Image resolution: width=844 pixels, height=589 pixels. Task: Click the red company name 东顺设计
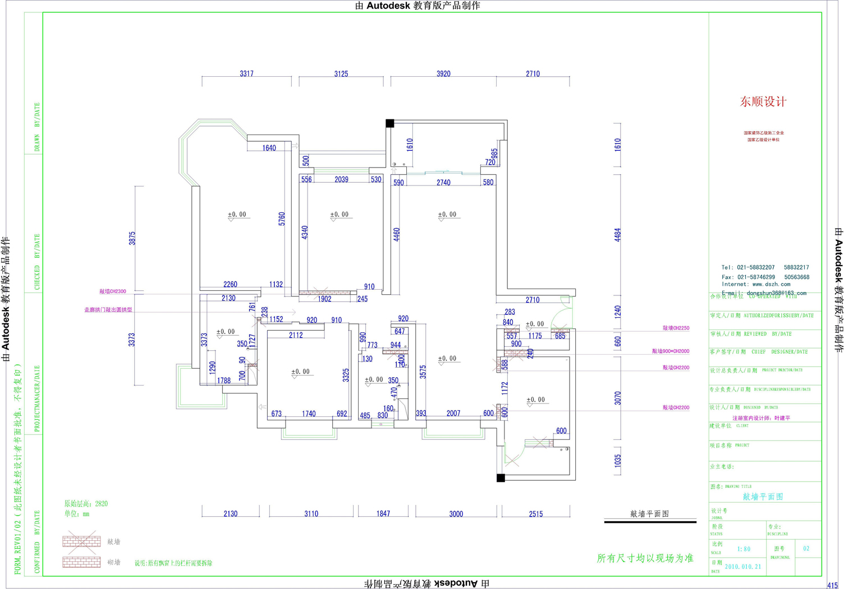[763, 102]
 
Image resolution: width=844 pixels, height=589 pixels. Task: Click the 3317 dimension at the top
[246, 74]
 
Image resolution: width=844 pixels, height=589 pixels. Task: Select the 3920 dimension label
[443, 74]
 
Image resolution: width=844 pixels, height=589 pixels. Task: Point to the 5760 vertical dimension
[282, 219]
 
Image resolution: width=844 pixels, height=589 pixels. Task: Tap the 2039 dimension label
[341, 180]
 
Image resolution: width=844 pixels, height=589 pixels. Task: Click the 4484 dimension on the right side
[617, 234]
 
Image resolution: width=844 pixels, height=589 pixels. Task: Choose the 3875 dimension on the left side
[132, 239]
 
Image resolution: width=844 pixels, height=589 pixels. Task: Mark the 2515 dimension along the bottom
[535, 514]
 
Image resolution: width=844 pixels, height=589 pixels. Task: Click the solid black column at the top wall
[389, 123]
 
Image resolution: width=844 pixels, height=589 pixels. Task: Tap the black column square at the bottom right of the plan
[501, 478]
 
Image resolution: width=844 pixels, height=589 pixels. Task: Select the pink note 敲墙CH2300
[113, 291]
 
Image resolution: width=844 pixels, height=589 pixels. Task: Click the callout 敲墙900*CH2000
[670, 351]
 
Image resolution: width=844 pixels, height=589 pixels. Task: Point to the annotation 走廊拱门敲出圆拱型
[108, 310]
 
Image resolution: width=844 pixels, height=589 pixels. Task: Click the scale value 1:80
[744, 549]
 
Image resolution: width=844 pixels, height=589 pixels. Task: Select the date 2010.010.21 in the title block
[743, 567]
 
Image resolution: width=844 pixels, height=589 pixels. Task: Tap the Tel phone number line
[765, 268]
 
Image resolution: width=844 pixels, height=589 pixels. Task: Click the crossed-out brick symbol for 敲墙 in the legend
[81, 541]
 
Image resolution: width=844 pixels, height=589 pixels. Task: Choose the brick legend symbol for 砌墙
[81, 562]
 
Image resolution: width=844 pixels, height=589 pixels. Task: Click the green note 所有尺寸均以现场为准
[645, 558]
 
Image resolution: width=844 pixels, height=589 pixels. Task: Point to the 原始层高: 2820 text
[86, 504]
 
